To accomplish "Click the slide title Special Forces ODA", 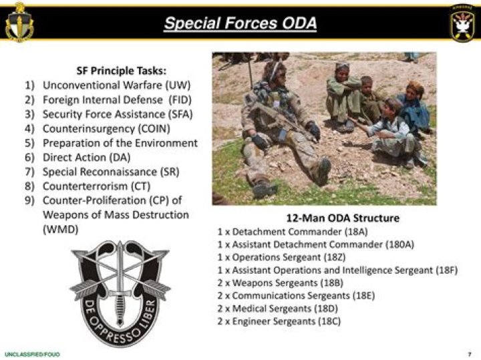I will click(240, 25).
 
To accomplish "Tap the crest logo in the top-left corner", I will click(19, 23).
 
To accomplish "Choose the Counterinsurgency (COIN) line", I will click(106, 128).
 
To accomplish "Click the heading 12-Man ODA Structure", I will click(343, 218).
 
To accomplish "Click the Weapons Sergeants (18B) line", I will click(281, 283).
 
